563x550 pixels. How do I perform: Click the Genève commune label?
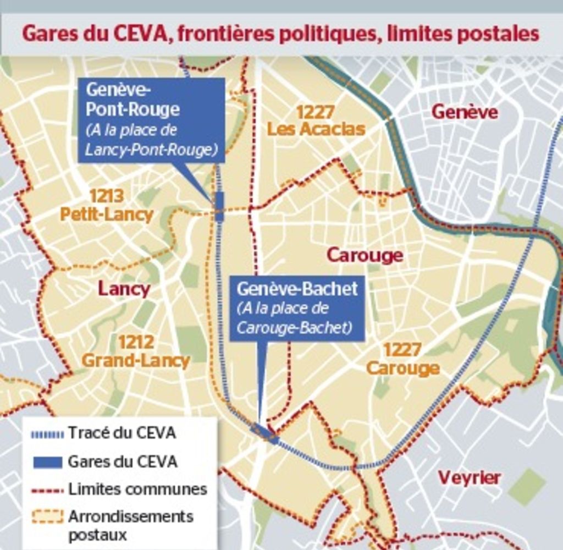465,112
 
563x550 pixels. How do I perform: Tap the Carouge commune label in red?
365,255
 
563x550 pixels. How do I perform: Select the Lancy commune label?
124,289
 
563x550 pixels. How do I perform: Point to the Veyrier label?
469,477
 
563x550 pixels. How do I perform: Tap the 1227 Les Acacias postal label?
316,120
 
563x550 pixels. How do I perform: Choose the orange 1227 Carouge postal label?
403,359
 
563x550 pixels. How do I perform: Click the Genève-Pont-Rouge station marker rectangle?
219,207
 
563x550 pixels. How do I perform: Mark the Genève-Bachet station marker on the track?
264,433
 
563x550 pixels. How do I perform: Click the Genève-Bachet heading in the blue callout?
297,289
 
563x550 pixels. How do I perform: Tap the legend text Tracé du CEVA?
122,433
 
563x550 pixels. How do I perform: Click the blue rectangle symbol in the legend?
47,462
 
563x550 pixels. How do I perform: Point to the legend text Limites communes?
137,489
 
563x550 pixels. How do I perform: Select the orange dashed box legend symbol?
47,517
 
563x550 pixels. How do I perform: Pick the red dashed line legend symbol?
47,490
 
